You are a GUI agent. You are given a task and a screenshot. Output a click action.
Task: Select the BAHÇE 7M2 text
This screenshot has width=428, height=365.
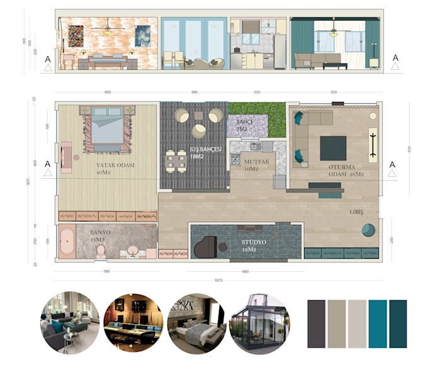point(245,125)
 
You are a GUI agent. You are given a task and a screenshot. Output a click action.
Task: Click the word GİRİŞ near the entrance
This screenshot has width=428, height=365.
point(357,212)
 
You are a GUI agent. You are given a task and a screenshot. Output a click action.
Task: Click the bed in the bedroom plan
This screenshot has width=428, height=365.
point(104,129)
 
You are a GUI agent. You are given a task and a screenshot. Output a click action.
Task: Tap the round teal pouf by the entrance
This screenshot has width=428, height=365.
point(369,230)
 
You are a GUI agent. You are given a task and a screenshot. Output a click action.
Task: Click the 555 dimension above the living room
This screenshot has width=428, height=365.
point(333,93)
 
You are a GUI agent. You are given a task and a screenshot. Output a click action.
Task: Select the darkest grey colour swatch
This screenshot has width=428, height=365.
point(316,324)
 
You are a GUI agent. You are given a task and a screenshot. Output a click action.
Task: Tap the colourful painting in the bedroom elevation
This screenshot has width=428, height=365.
point(76,36)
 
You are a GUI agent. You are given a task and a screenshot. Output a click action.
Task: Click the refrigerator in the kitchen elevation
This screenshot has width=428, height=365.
point(279,52)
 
